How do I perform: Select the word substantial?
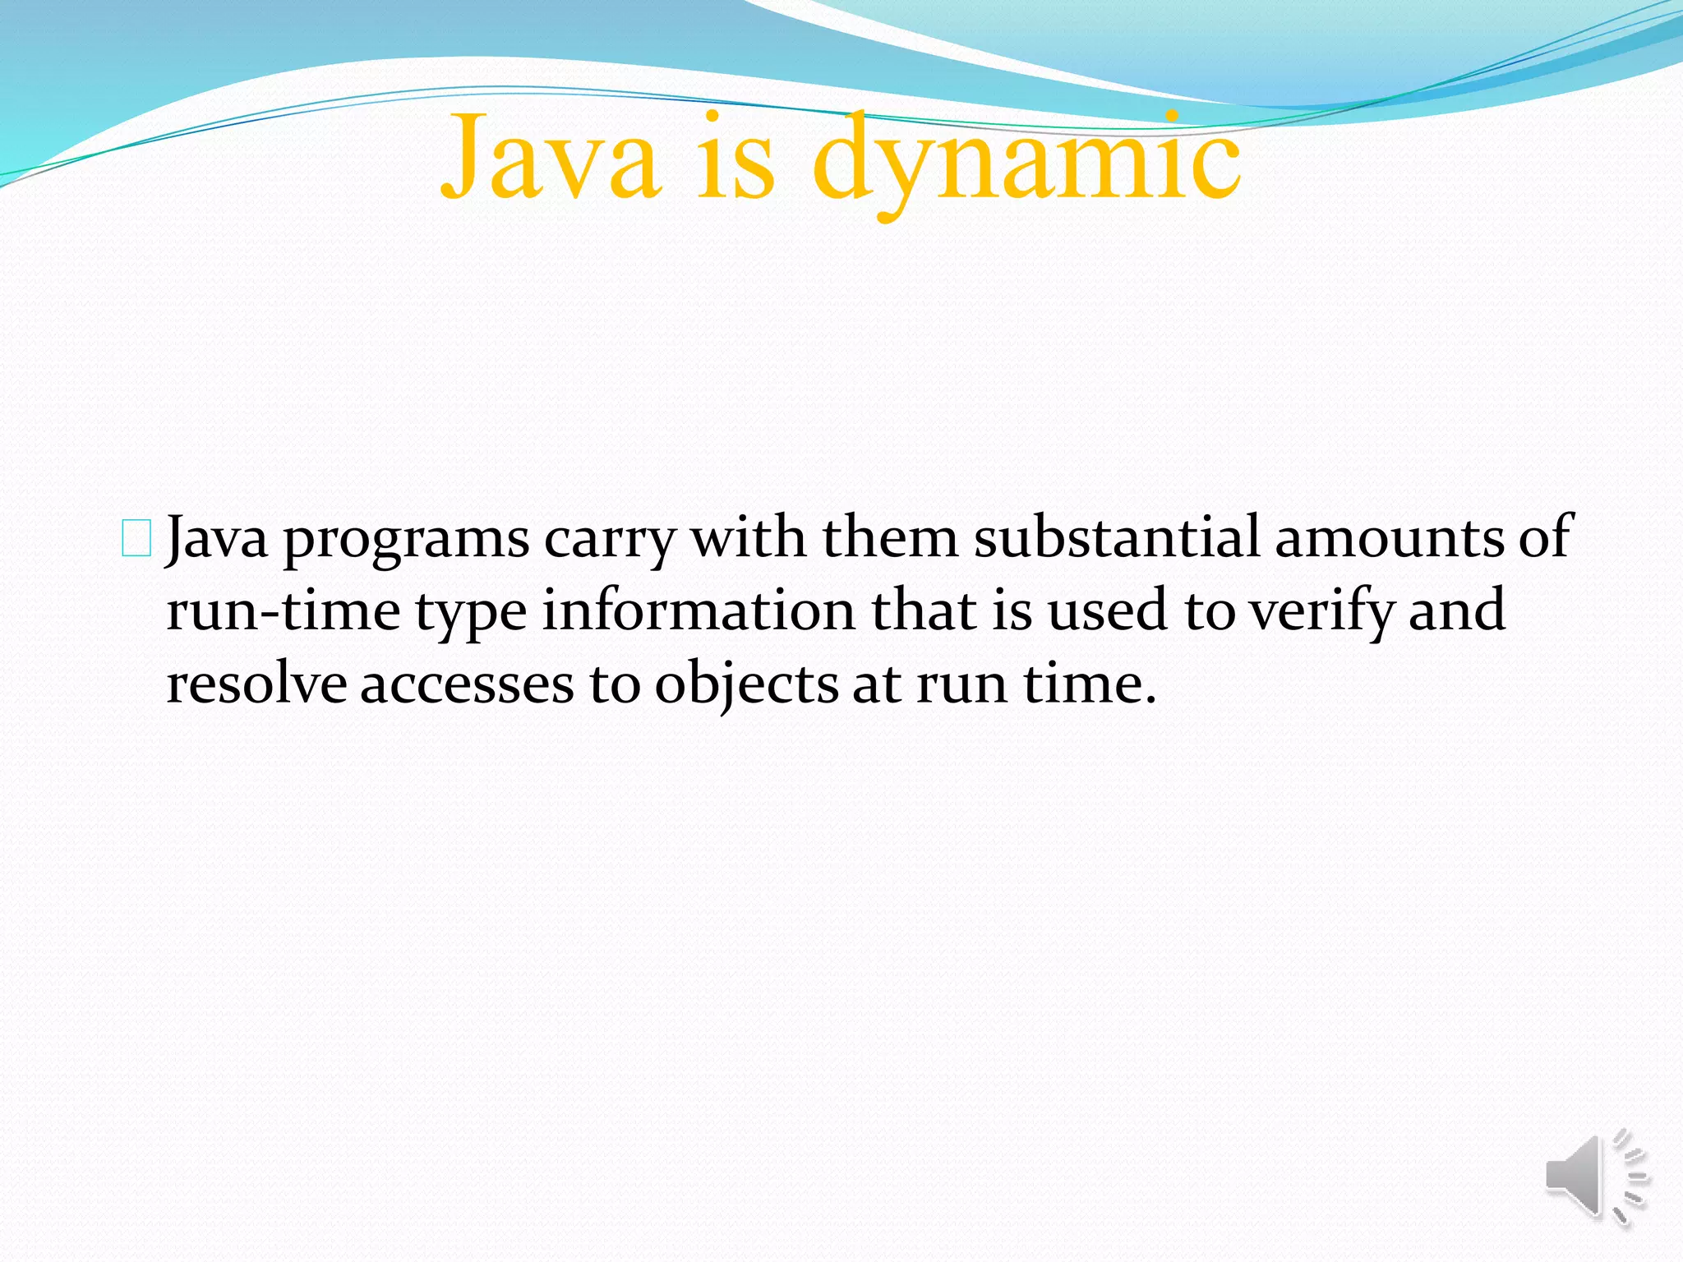click(x=1117, y=537)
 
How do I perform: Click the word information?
click(x=699, y=610)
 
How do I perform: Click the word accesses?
click(x=467, y=685)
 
